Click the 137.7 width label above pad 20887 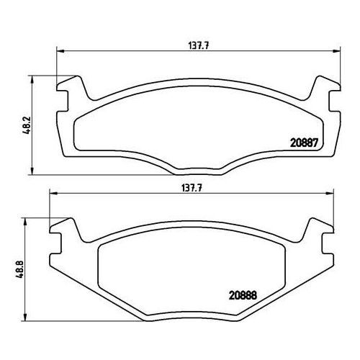[199, 45]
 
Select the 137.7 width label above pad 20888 [192, 188]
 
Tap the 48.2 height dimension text [27, 125]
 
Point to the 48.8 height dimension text [20, 269]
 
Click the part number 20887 [304, 143]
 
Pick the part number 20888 [243, 295]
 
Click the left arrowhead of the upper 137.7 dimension [60, 51]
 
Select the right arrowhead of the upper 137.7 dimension [336, 51]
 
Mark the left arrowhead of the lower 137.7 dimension [53, 194]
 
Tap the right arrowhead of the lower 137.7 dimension [330, 194]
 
